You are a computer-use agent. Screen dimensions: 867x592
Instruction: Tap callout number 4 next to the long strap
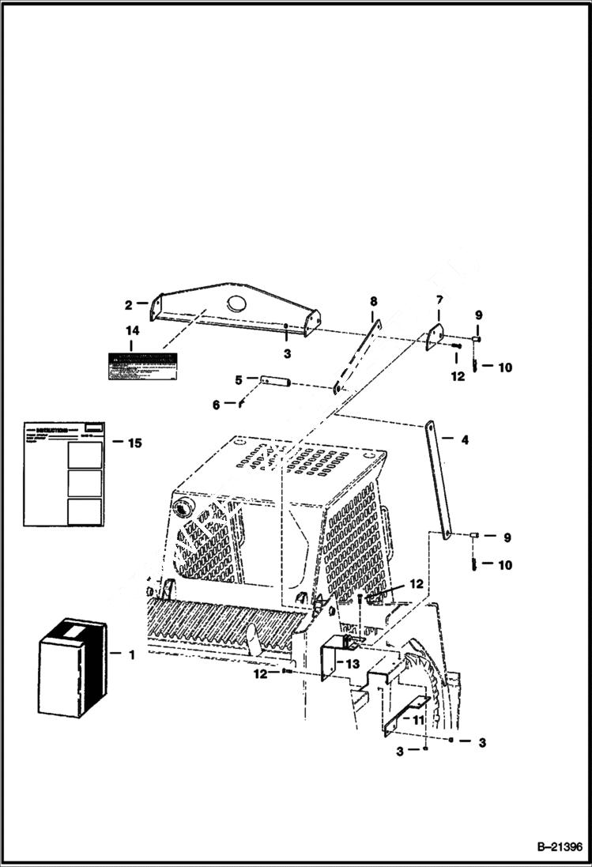465,439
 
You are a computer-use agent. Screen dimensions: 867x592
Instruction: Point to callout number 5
239,379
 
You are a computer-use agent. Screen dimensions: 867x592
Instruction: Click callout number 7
439,300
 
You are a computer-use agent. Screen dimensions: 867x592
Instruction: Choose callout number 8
374,301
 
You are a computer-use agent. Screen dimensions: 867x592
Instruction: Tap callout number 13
352,663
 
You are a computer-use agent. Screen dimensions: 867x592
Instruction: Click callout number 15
134,443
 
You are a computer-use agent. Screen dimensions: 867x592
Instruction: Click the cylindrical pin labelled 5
276,383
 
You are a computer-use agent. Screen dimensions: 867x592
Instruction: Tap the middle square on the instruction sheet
85,483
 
